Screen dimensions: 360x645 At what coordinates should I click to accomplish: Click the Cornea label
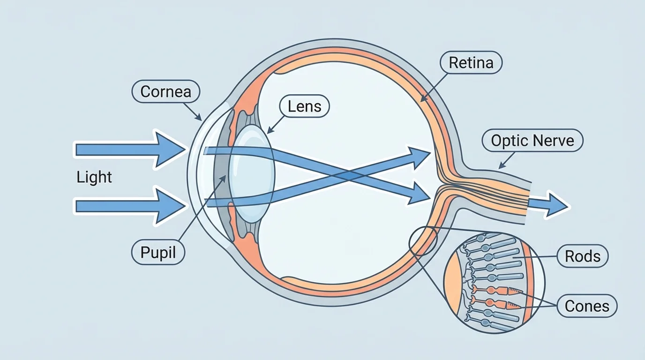[166, 91]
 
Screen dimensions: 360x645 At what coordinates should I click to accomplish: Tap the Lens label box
[304, 106]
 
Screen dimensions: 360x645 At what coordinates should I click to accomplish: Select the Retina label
[471, 63]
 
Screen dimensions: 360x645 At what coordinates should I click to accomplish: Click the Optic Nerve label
[532, 140]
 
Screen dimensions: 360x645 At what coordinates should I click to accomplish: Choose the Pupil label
[158, 252]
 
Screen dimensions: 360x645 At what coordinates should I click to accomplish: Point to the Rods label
[583, 256]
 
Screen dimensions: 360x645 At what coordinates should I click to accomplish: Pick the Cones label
[587, 306]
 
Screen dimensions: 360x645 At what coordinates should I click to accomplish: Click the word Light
[94, 177]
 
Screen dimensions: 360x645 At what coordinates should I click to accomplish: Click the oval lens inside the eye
[253, 173]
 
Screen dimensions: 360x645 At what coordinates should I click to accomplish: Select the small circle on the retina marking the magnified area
[423, 240]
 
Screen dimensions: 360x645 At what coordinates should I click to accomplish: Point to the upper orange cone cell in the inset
[497, 291]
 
